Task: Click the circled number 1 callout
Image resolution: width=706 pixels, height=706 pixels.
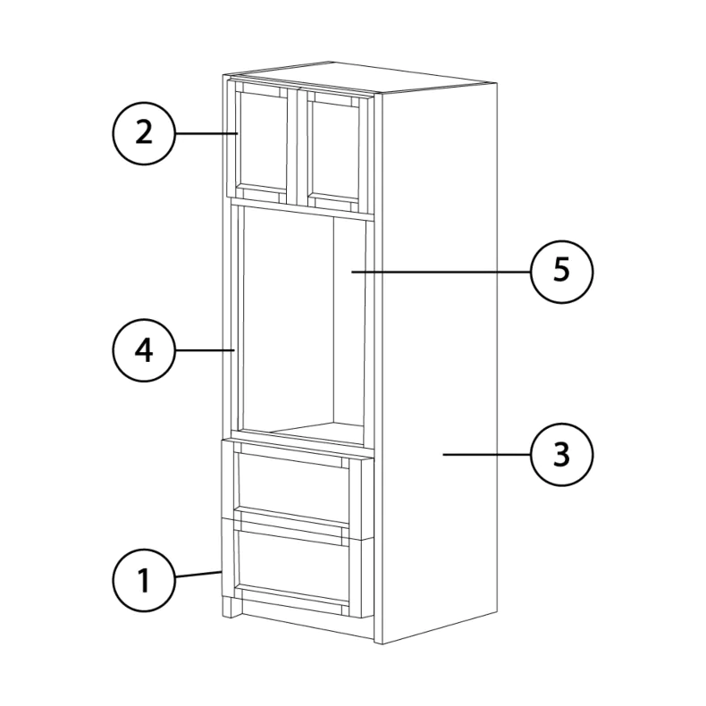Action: (144, 580)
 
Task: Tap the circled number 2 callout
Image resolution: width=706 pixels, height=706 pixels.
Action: (144, 133)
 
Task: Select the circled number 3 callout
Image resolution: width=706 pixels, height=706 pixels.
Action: (561, 454)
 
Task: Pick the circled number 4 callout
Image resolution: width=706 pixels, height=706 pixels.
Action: (144, 350)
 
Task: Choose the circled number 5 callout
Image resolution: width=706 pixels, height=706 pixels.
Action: (561, 272)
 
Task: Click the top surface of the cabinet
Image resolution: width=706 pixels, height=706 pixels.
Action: (360, 77)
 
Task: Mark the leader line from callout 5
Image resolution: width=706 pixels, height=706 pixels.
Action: (441, 272)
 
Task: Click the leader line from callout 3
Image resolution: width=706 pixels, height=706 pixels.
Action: (486, 454)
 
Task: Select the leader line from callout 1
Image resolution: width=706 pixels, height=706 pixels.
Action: (198, 574)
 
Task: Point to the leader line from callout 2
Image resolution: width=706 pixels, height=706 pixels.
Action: (206, 133)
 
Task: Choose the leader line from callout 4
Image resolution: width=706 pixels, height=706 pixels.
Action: (205, 350)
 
